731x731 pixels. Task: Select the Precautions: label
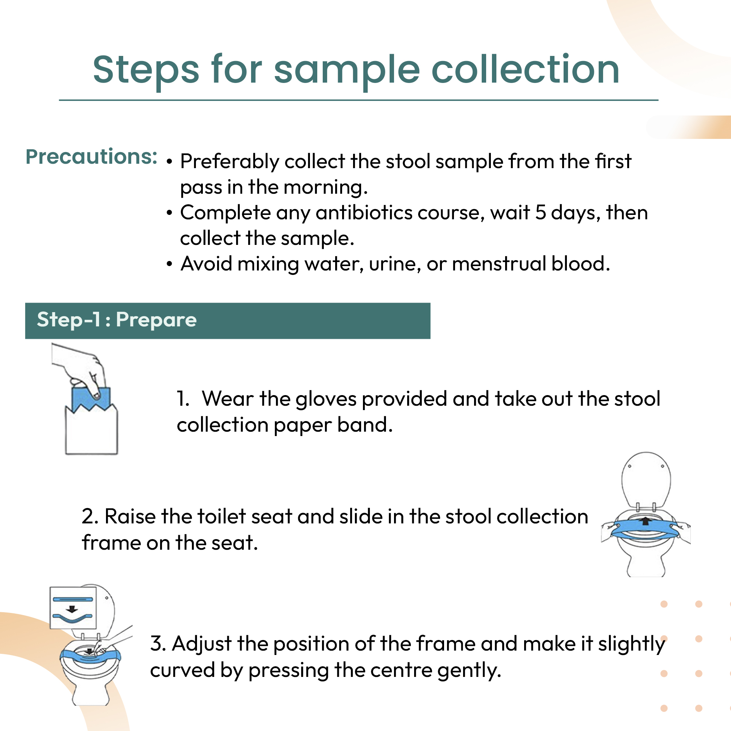tap(91, 157)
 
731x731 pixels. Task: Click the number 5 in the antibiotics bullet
tap(540, 213)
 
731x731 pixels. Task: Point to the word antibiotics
tap(364, 213)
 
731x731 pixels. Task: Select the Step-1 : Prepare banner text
tap(117, 320)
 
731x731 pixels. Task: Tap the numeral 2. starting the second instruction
tap(90, 516)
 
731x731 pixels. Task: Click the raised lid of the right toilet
tap(646, 479)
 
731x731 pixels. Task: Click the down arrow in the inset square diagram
tap(72, 609)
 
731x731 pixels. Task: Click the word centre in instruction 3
tap(401, 671)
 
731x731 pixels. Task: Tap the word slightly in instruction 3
tap(631, 644)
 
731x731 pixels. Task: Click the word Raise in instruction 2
tap(130, 516)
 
